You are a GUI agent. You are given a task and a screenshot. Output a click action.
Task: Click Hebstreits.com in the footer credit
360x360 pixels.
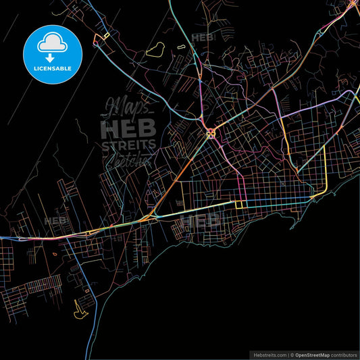coord(269,354)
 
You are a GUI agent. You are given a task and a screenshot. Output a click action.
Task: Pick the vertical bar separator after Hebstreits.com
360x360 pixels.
coord(288,354)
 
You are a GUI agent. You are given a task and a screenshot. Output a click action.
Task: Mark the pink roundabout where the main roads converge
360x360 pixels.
coord(211,132)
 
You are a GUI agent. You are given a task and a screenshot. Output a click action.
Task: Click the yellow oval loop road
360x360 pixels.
coord(156,49)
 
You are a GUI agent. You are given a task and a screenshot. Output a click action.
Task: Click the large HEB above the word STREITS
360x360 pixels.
coord(128,128)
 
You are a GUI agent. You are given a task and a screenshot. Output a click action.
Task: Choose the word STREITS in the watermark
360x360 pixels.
coord(128,145)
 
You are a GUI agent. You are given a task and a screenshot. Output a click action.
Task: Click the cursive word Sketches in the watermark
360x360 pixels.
coord(128,159)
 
